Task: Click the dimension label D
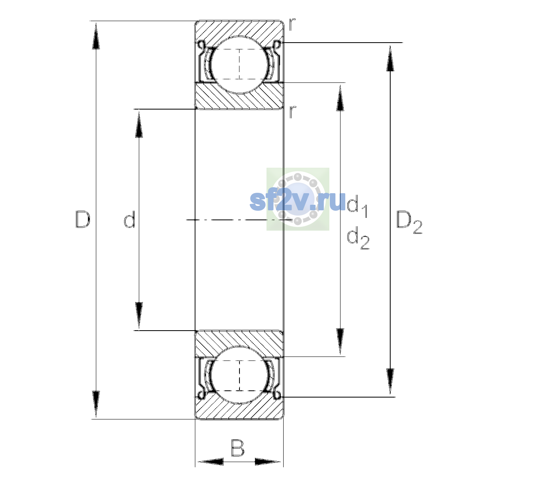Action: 83,219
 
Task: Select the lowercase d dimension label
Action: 130,219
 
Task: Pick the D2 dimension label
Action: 409,222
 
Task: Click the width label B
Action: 237,448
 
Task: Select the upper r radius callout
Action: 292,24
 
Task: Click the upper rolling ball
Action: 239,65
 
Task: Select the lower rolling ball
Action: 239,375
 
